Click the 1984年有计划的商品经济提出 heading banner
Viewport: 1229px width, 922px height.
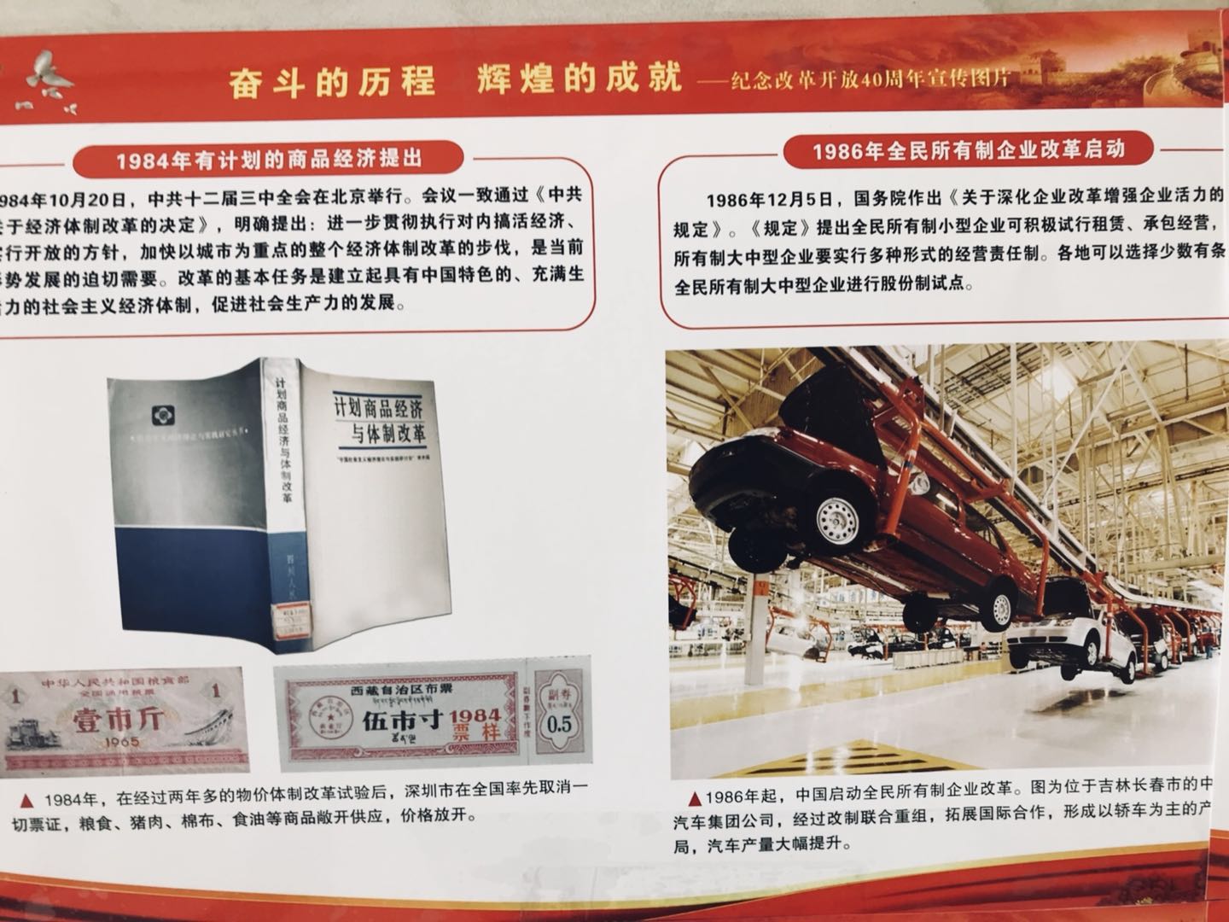click(x=268, y=160)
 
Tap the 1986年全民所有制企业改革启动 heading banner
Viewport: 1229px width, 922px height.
click(x=968, y=150)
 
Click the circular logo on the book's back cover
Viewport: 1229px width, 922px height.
click(x=160, y=416)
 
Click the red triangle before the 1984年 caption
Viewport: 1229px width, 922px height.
click(x=27, y=801)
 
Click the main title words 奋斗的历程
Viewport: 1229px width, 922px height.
click(x=332, y=82)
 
